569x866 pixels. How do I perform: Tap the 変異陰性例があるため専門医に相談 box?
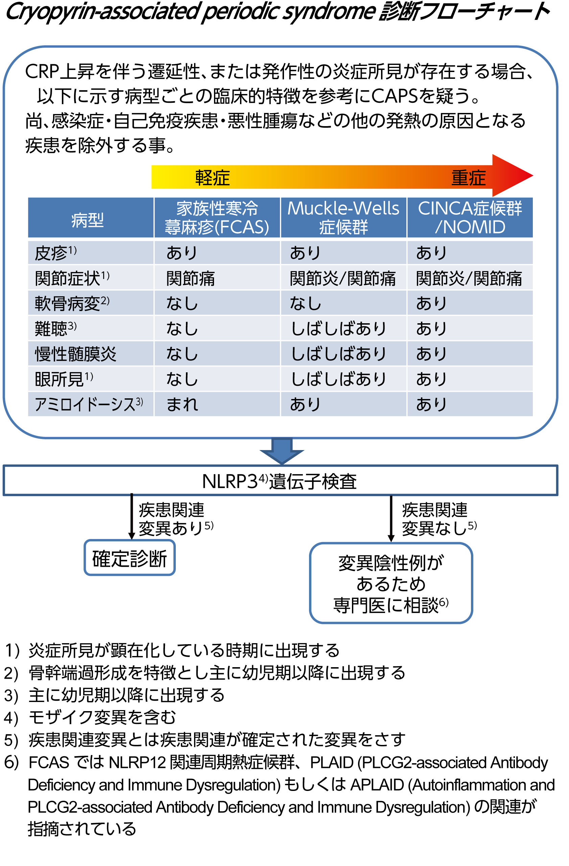point(391,583)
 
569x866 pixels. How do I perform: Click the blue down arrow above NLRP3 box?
point(281,450)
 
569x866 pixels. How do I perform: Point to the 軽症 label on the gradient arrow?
point(212,178)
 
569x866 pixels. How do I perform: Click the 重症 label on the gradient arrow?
point(468,178)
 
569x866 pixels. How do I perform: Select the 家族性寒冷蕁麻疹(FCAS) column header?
point(217,217)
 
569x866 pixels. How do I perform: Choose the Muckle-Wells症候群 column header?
point(343,217)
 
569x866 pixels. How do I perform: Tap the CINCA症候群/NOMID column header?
point(470,217)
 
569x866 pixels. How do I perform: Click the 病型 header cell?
point(87,220)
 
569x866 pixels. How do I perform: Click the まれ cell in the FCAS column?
point(182,404)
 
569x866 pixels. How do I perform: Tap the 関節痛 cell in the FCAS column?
point(190,278)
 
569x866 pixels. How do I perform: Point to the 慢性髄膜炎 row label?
point(75,354)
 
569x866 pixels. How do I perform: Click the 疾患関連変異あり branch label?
point(175,518)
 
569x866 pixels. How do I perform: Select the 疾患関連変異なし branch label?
point(438,518)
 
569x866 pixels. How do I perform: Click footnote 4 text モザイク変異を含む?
point(102,717)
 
